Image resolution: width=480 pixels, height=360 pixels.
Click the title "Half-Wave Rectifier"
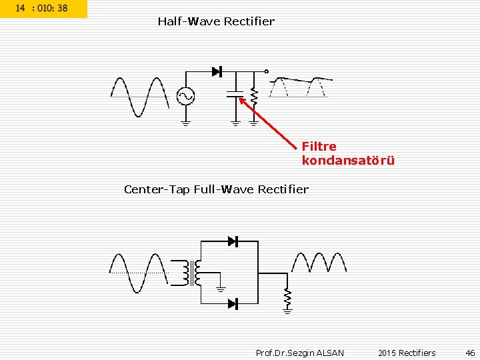pos(216,21)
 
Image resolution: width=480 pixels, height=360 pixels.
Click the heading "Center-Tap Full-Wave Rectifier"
pos(216,189)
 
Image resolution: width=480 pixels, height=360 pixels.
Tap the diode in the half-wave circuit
pos(216,71)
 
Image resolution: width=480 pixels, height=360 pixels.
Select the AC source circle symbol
pos(185,97)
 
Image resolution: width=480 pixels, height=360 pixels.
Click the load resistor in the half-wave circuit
pos(253,97)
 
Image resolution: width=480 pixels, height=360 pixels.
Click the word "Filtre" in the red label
pos(319,146)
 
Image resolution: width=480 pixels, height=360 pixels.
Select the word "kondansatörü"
pos(348,161)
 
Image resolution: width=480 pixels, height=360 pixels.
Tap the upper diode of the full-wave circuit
pos(233,241)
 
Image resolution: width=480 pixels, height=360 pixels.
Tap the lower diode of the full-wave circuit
pos(233,304)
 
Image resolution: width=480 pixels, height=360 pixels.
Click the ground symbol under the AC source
pos(185,123)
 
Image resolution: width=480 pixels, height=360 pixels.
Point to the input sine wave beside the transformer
pos(138,273)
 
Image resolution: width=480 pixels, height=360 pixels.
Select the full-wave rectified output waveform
pos(318,263)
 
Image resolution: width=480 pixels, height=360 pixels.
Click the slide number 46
pos(470,353)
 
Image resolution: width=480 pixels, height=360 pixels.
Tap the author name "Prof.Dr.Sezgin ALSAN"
pos(300,353)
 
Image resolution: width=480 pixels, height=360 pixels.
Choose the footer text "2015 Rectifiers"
pos(407,353)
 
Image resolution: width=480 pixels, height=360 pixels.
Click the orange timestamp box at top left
pos(43,9)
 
